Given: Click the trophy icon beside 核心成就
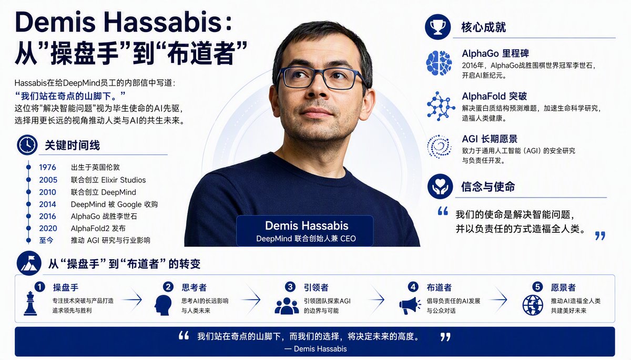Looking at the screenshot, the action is point(437,27).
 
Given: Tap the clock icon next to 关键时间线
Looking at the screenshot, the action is point(27,145).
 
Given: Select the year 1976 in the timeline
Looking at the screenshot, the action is point(47,168).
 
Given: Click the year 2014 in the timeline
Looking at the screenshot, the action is point(47,204).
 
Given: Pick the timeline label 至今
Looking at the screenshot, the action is point(46,240).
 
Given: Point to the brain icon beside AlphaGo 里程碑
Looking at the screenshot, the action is point(439,63).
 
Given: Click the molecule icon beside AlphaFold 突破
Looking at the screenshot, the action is point(441,106).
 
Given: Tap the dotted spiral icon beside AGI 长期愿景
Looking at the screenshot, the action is point(439,146).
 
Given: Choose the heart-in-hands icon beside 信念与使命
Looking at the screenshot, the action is point(440,187).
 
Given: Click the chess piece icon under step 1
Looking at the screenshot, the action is point(30,303).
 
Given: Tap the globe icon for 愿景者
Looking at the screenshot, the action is point(533,305).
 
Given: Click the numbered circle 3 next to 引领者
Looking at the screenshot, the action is point(290,287).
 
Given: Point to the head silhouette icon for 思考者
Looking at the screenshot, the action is point(163,305).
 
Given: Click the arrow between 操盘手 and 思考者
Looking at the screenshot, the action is point(132,300).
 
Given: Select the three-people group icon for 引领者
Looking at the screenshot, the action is point(287,306).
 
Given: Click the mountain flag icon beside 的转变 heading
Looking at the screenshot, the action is point(29,263).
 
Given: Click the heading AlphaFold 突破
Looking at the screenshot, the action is point(494,96).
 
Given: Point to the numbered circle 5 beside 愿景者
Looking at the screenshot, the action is point(537,287).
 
